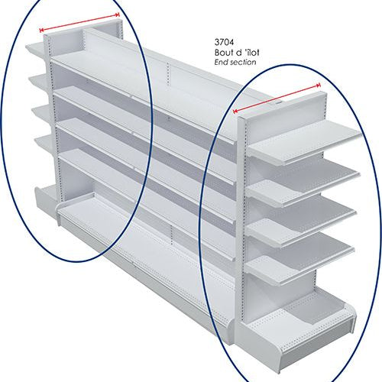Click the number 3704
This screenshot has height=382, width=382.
[x=224, y=41]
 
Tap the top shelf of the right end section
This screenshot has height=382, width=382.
[x=304, y=143]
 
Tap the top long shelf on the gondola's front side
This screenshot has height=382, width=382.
[x=143, y=97]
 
